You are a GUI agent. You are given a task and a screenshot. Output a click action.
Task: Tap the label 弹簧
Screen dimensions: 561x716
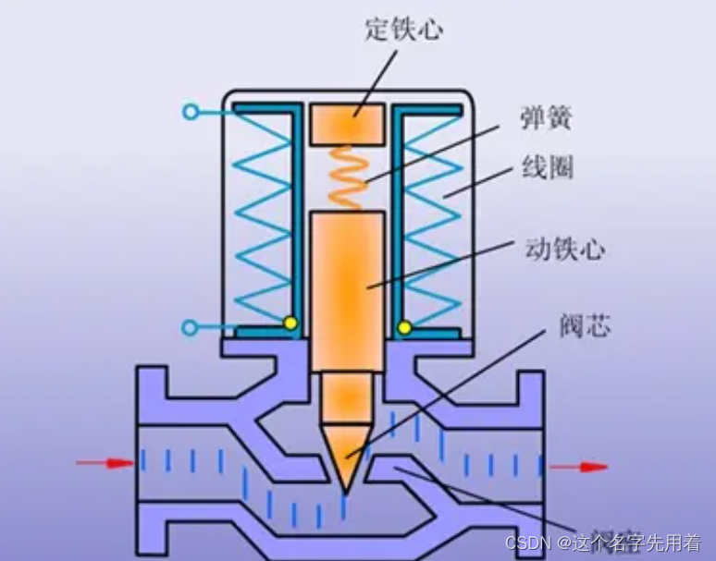click(x=546, y=117)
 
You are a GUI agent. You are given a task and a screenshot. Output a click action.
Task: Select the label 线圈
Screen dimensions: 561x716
click(x=547, y=167)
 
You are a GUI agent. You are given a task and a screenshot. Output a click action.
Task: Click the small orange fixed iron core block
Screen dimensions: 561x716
click(x=347, y=124)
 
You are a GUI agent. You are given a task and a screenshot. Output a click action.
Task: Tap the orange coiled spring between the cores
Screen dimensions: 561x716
click(x=349, y=178)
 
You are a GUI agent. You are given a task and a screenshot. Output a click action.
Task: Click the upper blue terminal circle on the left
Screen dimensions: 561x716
click(x=190, y=113)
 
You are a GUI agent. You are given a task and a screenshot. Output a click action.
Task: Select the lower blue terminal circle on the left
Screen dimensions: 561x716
click(x=190, y=327)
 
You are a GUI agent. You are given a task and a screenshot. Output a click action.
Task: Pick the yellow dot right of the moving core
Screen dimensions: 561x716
click(x=404, y=326)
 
